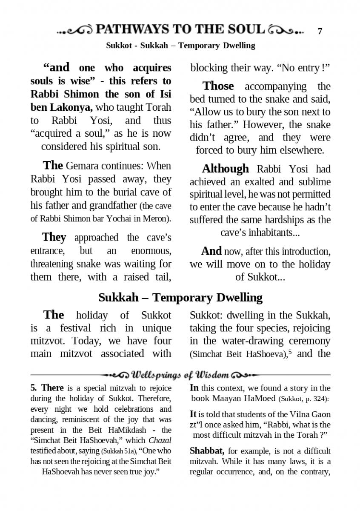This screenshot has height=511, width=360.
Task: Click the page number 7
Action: click(320, 31)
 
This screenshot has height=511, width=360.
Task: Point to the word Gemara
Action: click(83, 166)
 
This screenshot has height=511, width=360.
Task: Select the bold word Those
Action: click(218, 86)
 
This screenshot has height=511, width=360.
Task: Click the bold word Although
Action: click(225, 169)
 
